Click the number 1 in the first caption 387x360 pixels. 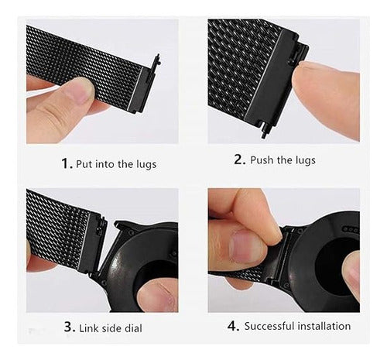[64, 163]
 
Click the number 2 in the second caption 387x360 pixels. [238, 160]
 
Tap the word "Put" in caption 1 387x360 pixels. [85, 164]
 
